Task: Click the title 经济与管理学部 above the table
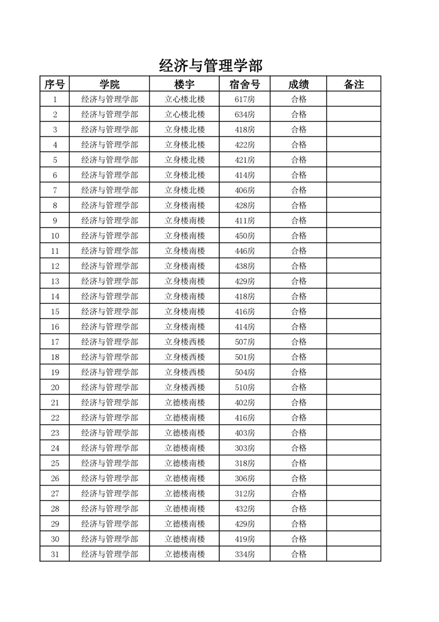click(210, 65)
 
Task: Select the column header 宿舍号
click(244, 84)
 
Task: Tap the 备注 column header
click(354, 84)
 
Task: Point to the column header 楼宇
click(184, 84)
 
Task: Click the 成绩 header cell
click(298, 84)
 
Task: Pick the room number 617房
click(245, 99)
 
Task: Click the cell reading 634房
click(245, 115)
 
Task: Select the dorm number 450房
click(245, 236)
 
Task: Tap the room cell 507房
click(245, 341)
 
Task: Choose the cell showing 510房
click(245, 387)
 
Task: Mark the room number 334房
click(245, 554)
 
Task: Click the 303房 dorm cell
click(245, 448)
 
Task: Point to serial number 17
click(55, 341)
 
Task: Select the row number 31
click(55, 554)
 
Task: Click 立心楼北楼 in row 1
click(185, 99)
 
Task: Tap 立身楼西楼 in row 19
click(185, 372)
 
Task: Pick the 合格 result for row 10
click(299, 236)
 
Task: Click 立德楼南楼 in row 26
click(185, 478)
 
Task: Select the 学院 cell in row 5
click(110, 160)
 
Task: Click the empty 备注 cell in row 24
click(354, 448)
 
